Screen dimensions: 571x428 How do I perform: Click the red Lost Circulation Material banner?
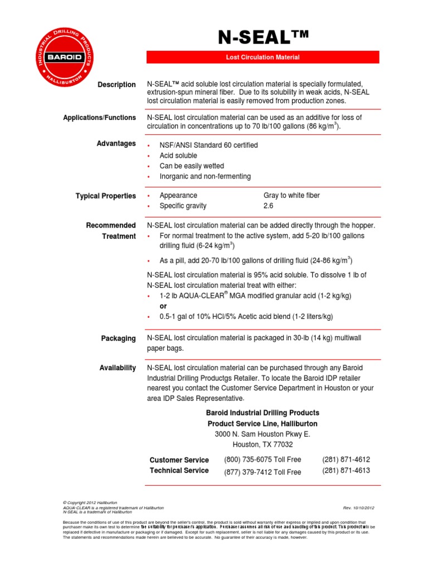(262, 57)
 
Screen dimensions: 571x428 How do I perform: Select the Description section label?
(116, 85)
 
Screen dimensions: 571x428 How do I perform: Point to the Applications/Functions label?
(99, 118)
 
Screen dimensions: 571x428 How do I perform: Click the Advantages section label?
(117, 144)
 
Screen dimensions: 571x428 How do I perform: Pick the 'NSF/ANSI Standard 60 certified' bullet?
(208, 145)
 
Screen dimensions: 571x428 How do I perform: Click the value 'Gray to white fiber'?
(291, 196)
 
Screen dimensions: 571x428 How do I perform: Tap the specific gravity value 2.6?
(269, 206)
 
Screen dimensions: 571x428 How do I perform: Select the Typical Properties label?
(105, 196)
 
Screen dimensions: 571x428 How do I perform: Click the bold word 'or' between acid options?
(163, 306)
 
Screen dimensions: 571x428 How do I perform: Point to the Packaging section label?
(118, 338)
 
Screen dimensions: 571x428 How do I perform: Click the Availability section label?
(117, 368)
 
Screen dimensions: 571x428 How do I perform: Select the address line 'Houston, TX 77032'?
(262, 444)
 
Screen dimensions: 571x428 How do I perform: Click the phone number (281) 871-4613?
(346, 471)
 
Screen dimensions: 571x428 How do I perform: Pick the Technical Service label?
(179, 471)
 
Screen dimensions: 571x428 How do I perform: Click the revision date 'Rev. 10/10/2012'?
(359, 508)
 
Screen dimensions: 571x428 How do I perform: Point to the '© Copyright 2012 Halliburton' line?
(90, 502)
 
